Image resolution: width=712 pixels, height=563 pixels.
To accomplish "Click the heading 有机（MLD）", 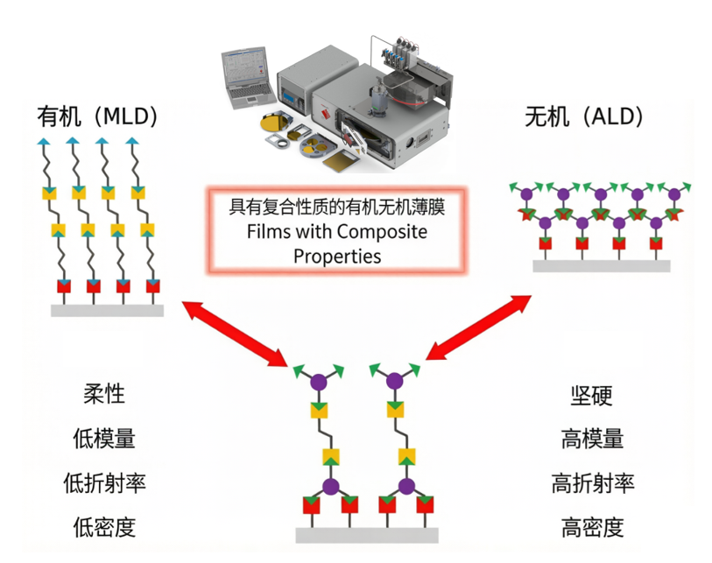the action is [97, 116].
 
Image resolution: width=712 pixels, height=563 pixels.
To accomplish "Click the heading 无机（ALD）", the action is [584, 116].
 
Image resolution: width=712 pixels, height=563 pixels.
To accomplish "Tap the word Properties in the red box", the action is [337, 257].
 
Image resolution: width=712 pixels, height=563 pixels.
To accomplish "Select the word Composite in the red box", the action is [382, 232].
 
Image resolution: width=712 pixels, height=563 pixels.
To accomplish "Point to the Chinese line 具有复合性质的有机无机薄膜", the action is [337, 207].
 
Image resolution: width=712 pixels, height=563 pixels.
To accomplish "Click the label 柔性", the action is [104, 394].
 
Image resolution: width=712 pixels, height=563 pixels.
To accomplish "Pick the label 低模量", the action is [104, 438].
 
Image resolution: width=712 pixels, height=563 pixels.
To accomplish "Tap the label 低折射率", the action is [104, 482].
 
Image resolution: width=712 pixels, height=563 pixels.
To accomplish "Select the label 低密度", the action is [104, 527].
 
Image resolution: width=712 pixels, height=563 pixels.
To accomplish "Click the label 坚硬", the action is [592, 396].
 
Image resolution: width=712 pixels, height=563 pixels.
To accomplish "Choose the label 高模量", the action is [592, 439].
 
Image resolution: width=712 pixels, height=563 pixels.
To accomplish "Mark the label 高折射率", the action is [593, 483].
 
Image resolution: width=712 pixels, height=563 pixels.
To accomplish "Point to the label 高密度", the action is [592, 528].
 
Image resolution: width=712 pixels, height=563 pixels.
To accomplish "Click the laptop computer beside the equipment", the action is [248, 77].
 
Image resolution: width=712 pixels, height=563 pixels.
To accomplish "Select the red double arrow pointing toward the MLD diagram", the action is [235, 333].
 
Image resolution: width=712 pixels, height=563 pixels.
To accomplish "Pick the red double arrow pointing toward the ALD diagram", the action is [478, 327].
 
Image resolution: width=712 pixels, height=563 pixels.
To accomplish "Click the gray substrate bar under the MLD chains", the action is [107, 311].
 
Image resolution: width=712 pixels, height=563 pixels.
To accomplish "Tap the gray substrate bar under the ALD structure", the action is [601, 266].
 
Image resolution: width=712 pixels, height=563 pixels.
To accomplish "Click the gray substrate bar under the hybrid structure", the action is [367, 535].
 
